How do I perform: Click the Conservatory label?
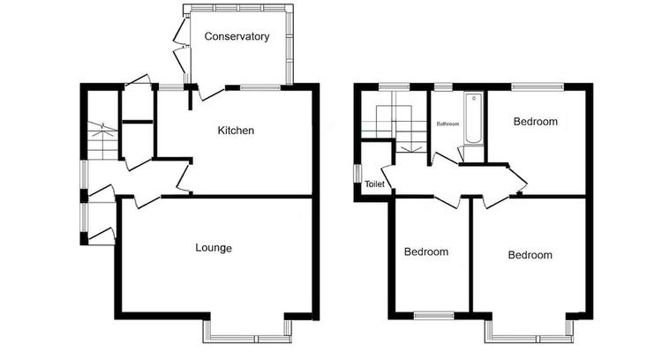click(237, 37)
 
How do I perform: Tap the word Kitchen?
click(236, 131)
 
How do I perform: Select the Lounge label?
click(214, 248)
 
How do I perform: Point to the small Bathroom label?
click(448, 124)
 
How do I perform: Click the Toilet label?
click(375, 184)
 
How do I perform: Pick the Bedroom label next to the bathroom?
click(536, 122)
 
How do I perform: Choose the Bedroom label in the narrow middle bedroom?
click(426, 252)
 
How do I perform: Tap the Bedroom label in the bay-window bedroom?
click(530, 255)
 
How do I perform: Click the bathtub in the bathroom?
click(473, 118)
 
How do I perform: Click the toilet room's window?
click(357, 174)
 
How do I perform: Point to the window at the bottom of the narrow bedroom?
click(433, 315)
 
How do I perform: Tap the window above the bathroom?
click(443, 87)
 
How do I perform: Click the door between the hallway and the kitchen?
click(184, 178)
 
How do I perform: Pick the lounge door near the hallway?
click(147, 201)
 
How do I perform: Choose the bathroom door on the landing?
click(444, 159)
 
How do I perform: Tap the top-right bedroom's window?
click(538, 87)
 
